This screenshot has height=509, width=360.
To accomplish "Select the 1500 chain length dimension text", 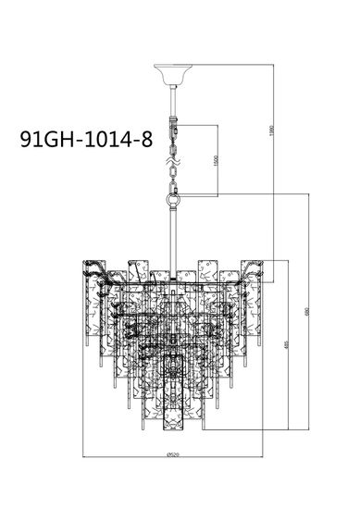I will tap(217, 159).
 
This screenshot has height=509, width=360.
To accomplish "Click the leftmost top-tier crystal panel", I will tap(93, 278).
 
